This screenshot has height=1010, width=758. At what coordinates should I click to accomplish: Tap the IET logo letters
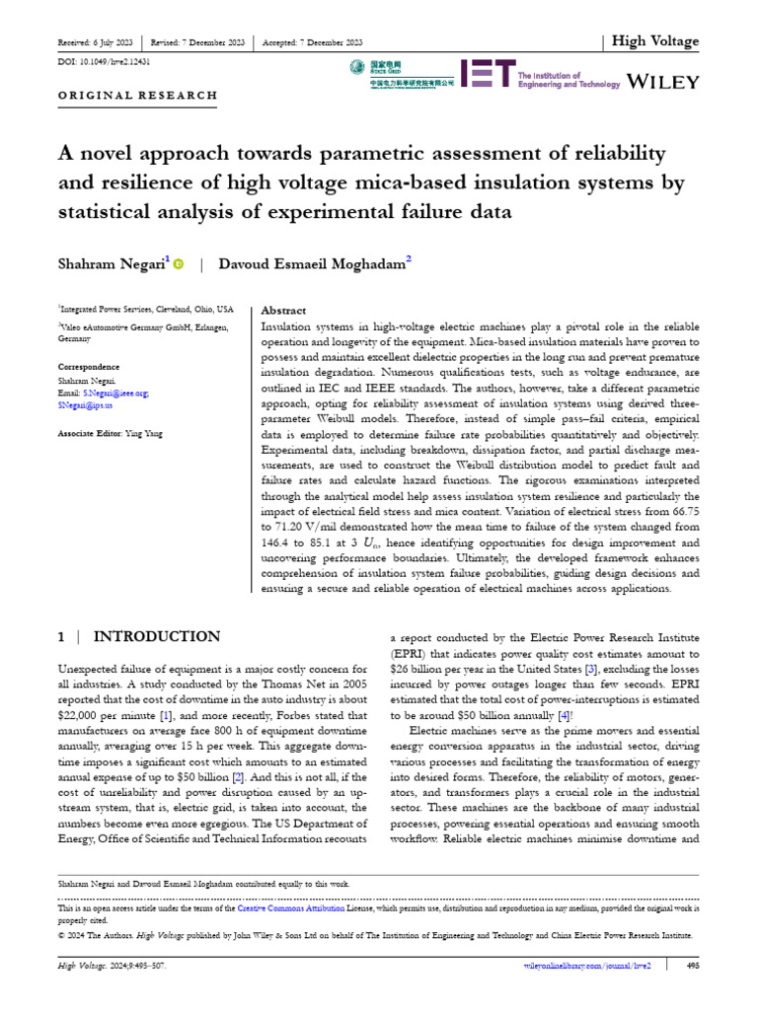[489, 75]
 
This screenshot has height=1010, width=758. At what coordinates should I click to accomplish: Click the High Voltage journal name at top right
[654, 41]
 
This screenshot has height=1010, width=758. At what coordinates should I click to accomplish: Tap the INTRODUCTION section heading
[144, 638]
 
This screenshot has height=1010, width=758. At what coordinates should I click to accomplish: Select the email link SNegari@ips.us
[86, 405]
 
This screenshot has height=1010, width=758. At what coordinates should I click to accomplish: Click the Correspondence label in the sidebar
[94, 368]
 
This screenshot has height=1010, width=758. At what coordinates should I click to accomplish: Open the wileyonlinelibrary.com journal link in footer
[586, 966]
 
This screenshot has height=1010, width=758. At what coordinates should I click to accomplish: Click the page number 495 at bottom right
[692, 966]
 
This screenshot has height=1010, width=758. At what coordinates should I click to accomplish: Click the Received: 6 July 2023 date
[97, 42]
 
